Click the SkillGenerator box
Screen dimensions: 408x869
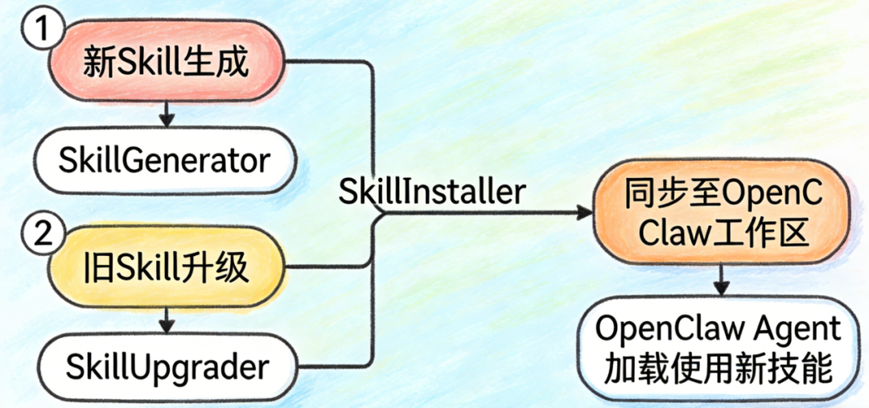point(164,160)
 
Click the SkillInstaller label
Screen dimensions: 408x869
point(432,192)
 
